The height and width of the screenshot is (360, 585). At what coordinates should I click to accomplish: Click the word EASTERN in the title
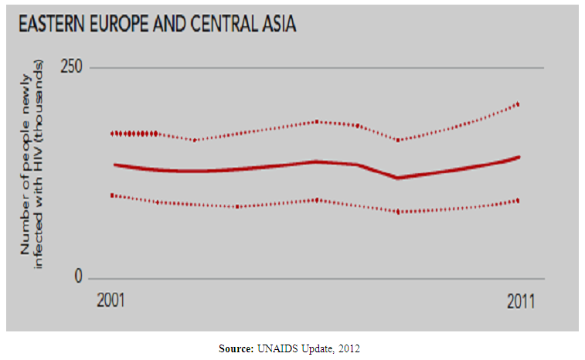[51, 24]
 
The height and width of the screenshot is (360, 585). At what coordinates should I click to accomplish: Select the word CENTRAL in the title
[222, 24]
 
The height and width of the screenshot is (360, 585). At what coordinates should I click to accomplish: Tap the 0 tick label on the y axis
[78, 277]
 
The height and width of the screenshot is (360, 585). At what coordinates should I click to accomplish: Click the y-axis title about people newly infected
[33, 172]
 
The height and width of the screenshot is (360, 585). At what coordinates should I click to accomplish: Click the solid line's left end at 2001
[114, 165]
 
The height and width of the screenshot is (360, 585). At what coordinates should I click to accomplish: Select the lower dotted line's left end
[113, 195]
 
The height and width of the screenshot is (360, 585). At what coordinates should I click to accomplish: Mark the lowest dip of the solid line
[397, 178]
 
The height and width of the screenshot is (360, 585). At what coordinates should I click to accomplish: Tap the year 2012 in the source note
[348, 349]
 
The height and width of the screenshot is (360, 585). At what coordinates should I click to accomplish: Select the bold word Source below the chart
[235, 349]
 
